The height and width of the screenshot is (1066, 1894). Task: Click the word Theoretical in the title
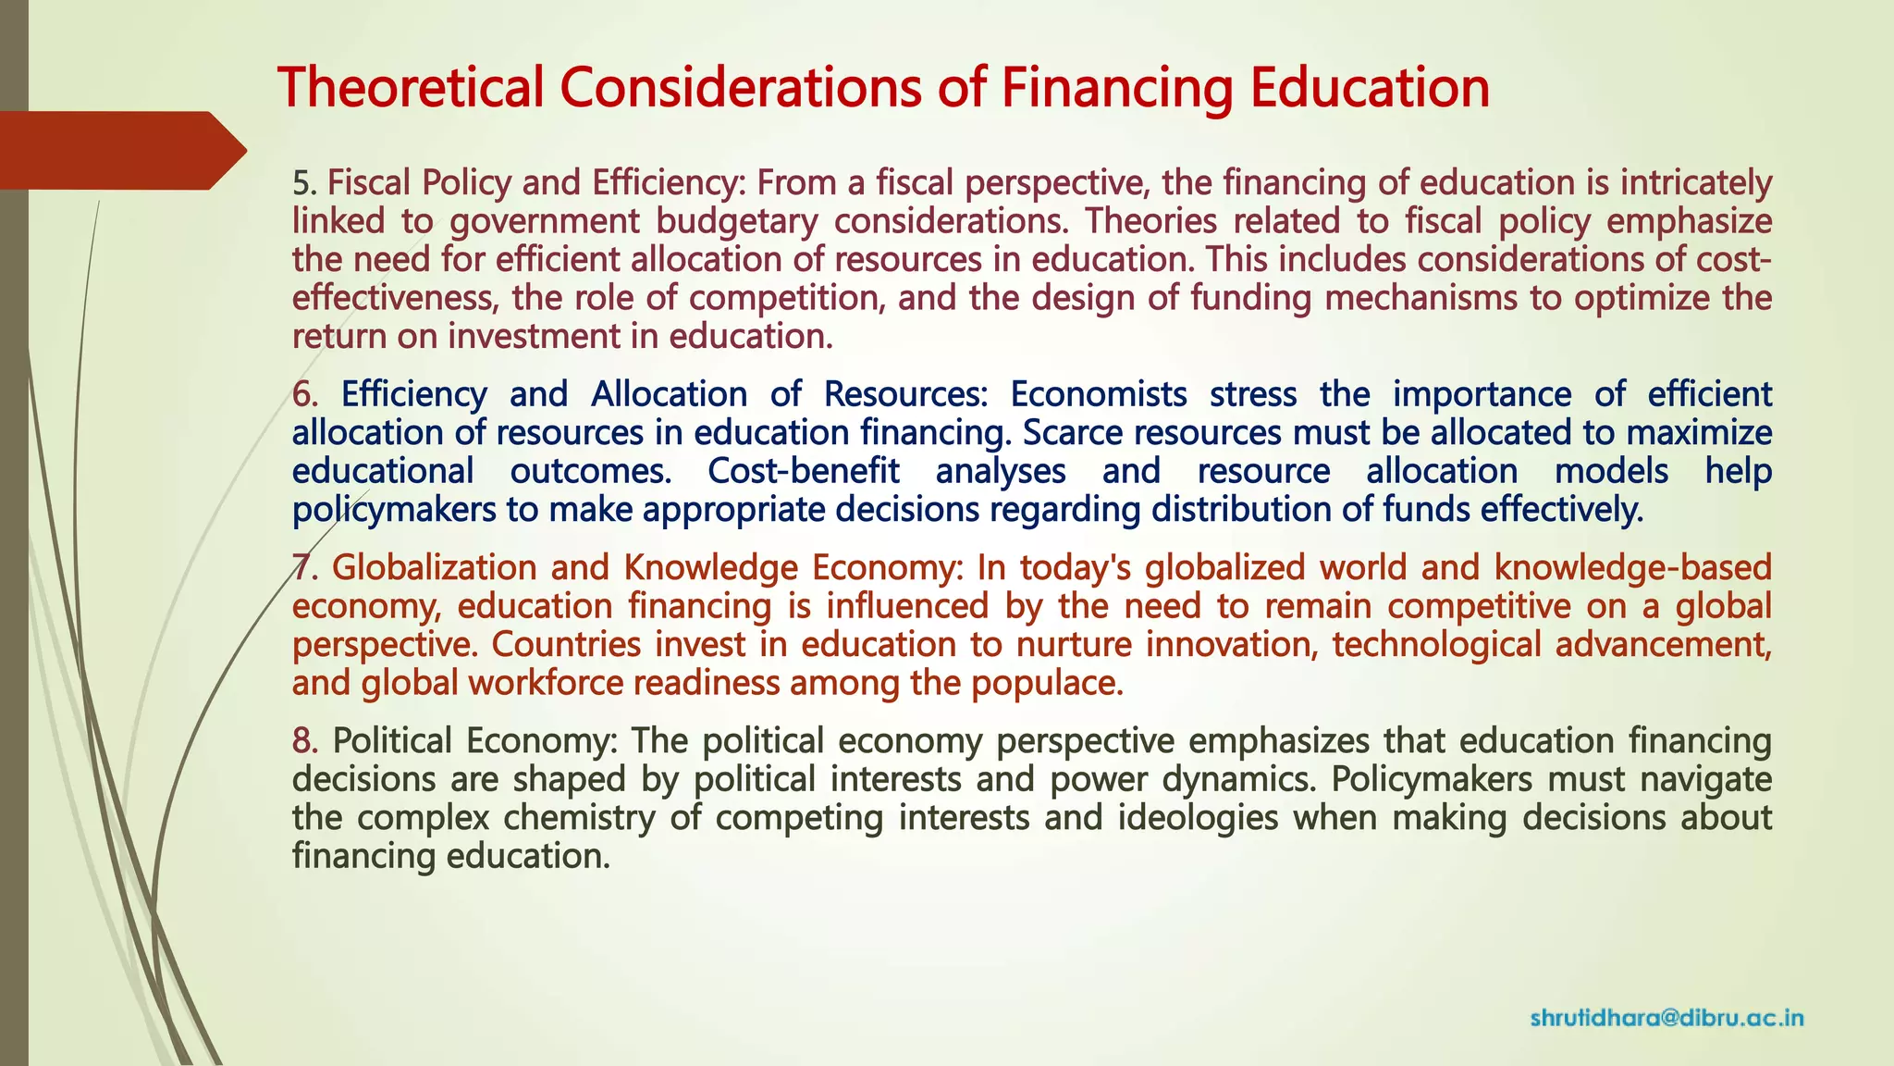click(411, 88)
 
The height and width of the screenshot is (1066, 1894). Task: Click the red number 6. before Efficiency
click(305, 394)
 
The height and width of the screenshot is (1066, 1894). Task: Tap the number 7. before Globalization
click(305, 567)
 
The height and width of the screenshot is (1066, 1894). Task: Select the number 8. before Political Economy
click(305, 740)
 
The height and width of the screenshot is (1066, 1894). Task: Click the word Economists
click(1098, 394)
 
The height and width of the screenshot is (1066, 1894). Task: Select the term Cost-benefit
click(803, 471)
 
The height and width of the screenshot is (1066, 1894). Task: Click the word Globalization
click(433, 567)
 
